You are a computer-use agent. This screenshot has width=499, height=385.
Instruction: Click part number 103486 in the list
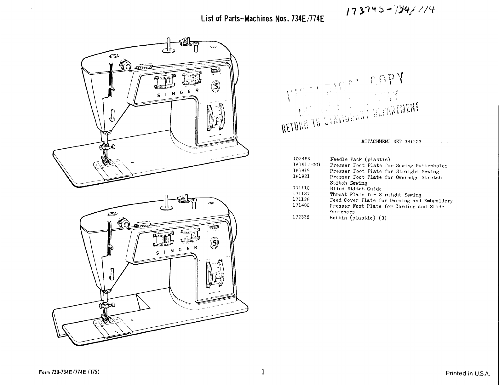[301, 159]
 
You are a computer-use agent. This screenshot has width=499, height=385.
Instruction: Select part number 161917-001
[307, 165]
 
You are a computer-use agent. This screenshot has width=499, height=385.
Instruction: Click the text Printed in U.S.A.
[467, 374]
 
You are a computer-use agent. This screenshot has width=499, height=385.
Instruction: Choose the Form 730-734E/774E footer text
[69, 371]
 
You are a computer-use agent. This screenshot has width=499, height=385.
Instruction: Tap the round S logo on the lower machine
[216, 243]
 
